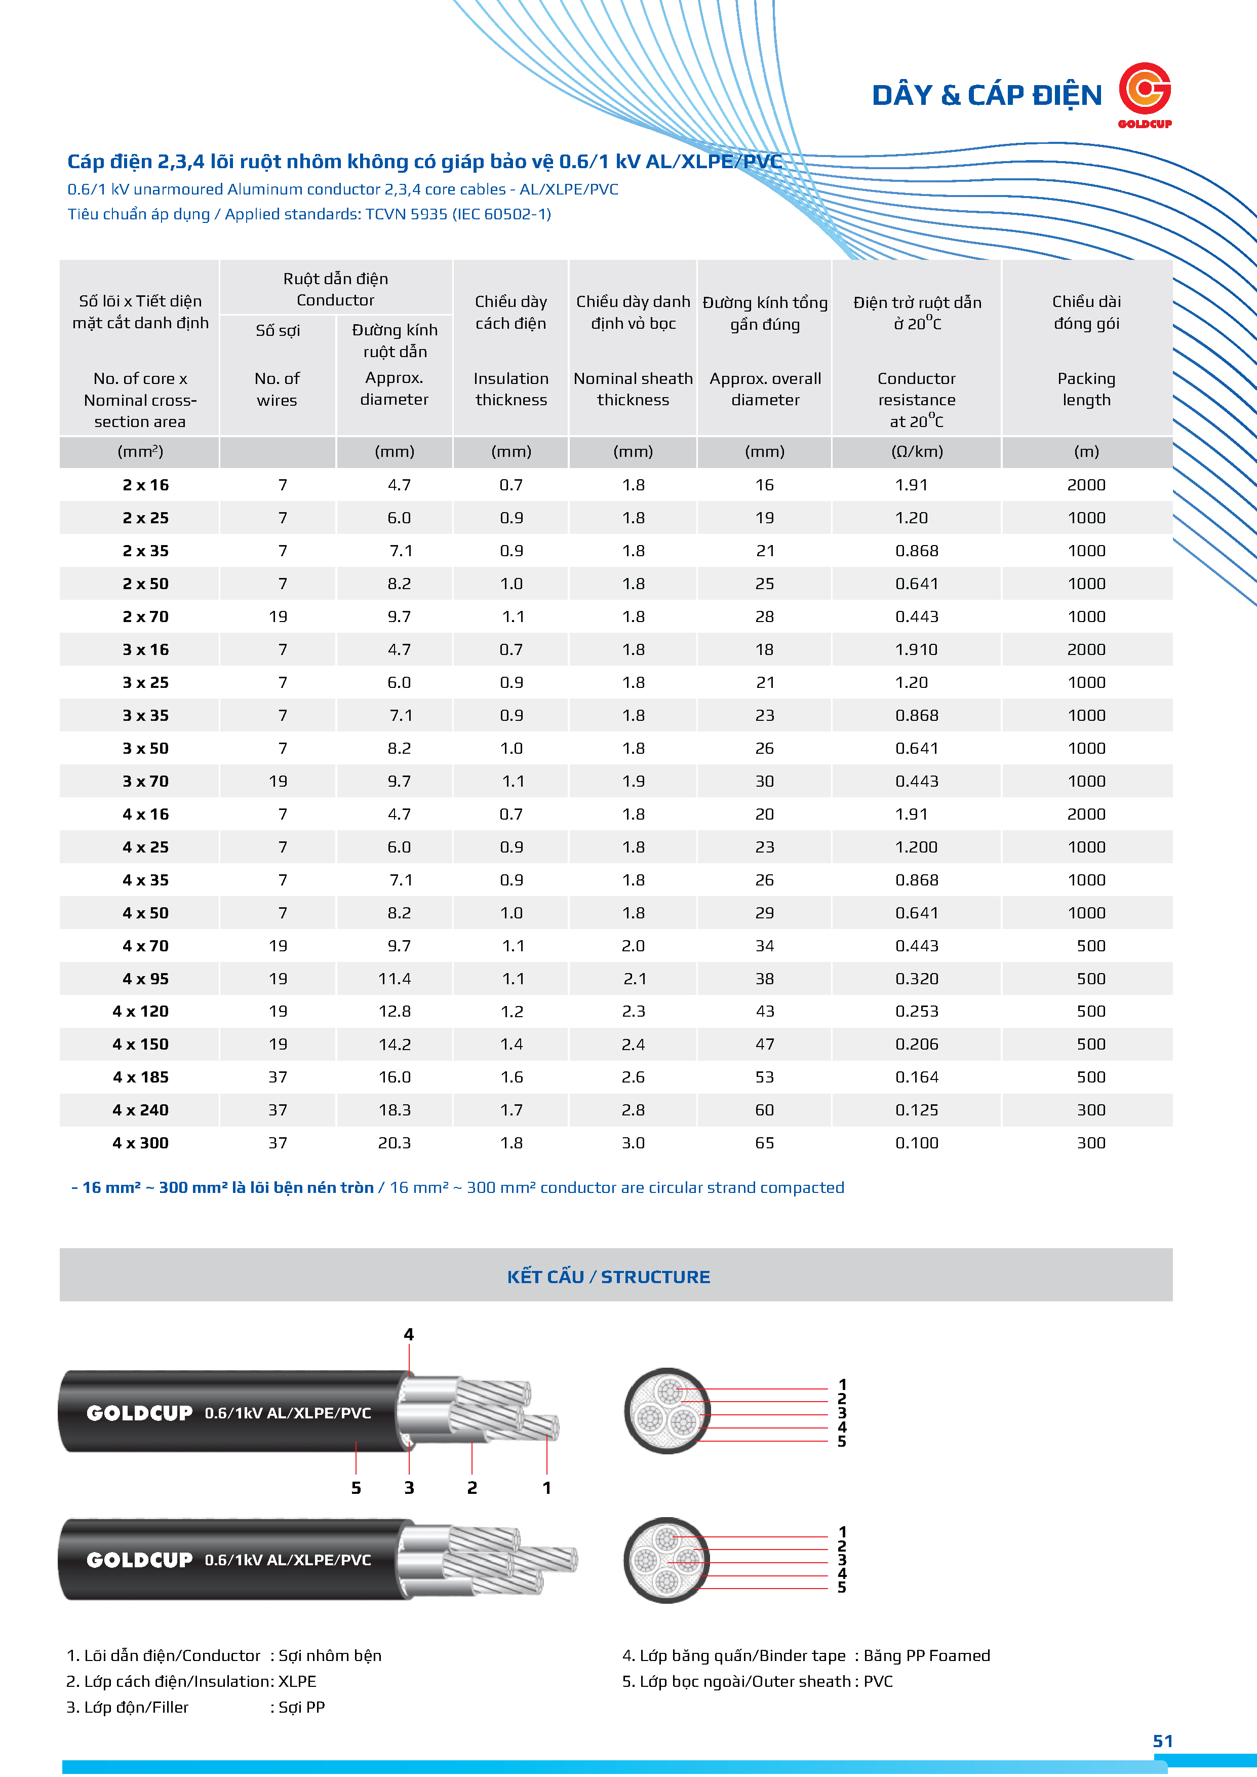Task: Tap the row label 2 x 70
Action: click(x=145, y=617)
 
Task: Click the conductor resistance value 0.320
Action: click(x=917, y=979)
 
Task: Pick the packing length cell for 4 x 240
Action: click(x=1090, y=1110)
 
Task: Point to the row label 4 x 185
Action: click(x=141, y=1077)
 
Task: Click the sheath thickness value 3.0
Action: click(x=633, y=1143)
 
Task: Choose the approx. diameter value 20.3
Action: click(x=394, y=1143)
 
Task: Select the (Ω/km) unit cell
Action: click(x=917, y=452)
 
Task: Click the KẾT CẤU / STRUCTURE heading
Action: click(x=608, y=1277)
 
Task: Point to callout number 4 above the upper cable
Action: click(x=409, y=1334)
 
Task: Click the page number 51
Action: click(x=1163, y=1742)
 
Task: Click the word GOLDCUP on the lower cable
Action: click(x=139, y=1560)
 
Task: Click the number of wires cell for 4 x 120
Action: click(x=278, y=1012)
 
